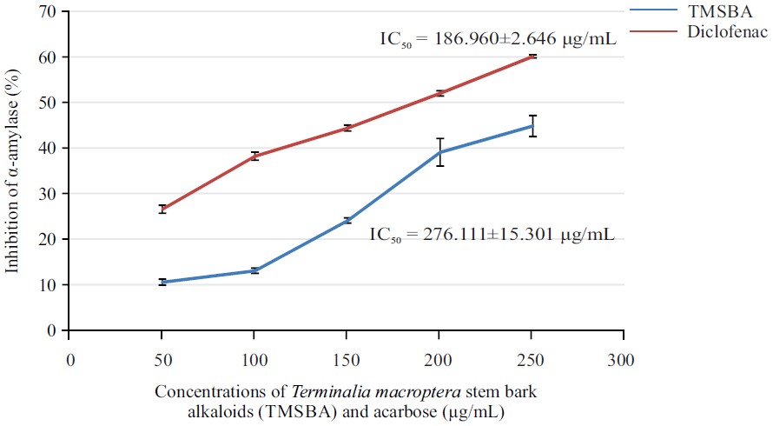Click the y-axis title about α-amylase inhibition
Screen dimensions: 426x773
tap(12, 172)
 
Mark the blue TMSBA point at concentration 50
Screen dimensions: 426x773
tap(162, 282)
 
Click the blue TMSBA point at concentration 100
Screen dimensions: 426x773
tap(254, 270)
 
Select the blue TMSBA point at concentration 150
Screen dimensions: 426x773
tap(347, 220)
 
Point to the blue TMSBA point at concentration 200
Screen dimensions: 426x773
tap(440, 152)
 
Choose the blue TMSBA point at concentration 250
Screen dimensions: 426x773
tap(532, 126)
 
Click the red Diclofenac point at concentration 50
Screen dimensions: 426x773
tap(162, 209)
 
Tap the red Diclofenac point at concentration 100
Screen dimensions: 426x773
tap(254, 156)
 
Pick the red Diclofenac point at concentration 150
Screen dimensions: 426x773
tap(347, 128)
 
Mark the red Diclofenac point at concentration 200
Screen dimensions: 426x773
tap(440, 93)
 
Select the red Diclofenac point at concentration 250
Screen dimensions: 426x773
tap(532, 56)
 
